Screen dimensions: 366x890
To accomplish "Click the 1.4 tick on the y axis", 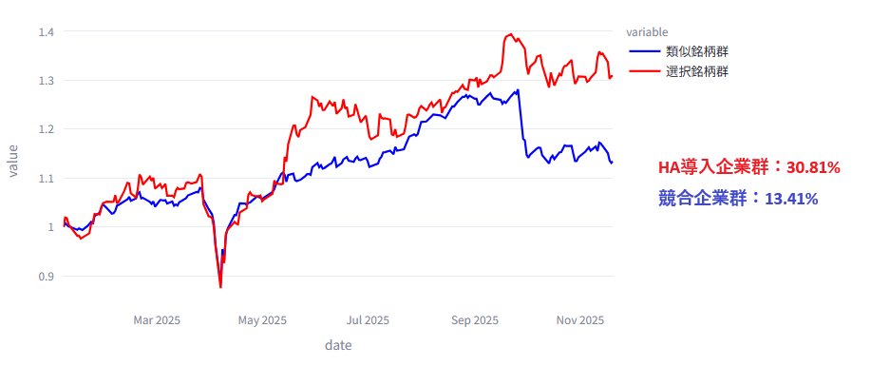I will click(46, 32).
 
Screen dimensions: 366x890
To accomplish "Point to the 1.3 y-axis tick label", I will click(46, 81).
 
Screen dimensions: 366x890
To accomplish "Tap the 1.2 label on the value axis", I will click(46, 129).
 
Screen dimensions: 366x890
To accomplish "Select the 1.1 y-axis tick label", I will click(46, 179).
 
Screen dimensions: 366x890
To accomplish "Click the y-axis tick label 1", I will click(50, 227).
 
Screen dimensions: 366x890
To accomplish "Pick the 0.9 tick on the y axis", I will click(46, 277).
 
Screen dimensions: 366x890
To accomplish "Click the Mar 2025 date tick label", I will click(157, 320).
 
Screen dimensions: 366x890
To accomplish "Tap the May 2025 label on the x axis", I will click(262, 320).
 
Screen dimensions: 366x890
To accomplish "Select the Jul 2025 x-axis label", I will click(369, 320).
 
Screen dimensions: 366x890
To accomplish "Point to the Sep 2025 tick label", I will click(475, 320).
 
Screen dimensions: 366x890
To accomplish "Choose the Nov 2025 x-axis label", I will click(580, 320).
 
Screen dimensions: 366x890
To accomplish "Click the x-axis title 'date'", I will click(338, 345).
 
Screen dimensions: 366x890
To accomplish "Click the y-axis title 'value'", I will click(12, 160).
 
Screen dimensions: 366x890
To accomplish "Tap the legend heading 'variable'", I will click(647, 32).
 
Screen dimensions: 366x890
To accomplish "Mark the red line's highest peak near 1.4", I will click(511, 34).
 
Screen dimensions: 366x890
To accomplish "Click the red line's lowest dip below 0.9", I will click(220, 286).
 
